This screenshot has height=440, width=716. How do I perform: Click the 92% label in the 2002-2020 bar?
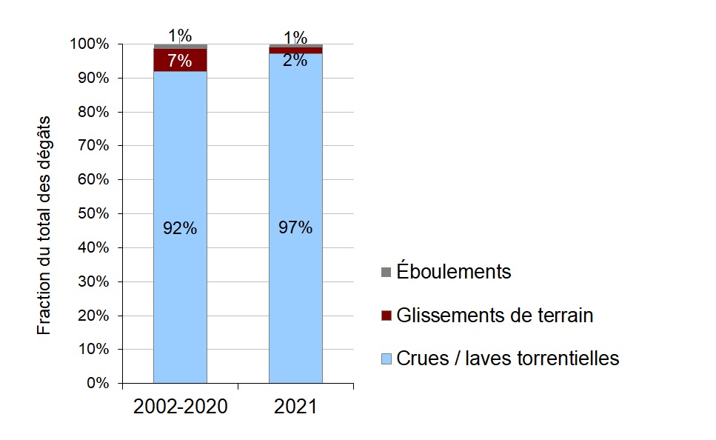[180, 229]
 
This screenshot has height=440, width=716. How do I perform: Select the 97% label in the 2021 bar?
[295, 228]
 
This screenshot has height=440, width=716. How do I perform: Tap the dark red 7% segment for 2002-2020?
[180, 60]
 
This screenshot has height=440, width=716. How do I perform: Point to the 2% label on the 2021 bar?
[295, 61]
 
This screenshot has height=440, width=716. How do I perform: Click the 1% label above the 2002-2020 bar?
[180, 35]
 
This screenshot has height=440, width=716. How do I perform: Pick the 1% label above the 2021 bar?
[295, 36]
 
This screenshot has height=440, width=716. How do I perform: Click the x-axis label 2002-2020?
[179, 407]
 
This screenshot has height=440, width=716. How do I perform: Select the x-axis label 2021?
[295, 407]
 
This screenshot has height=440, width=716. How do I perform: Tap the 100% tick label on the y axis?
[91, 44]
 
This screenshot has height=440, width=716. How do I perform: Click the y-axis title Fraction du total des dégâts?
[45, 224]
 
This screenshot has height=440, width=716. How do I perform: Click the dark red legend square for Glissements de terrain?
[387, 316]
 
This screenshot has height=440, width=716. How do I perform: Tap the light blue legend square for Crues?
[387, 359]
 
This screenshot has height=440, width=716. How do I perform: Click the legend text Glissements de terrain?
[495, 316]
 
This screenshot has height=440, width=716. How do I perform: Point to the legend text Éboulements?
[453, 272]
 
